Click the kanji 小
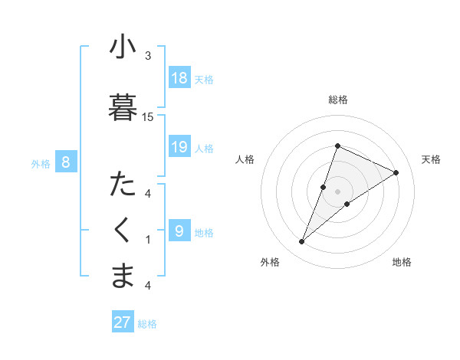tap(123, 47)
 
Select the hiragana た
tap(123, 185)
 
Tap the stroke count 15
tap(148, 116)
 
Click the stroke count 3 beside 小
tap(148, 56)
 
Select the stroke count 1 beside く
tap(148, 239)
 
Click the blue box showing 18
tap(179, 77)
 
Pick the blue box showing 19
tap(179, 146)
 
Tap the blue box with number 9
tap(179, 231)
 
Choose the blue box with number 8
tap(66, 162)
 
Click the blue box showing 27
tap(122, 322)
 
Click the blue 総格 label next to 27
tap(147, 324)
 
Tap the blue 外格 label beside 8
tap(41, 163)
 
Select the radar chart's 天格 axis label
tap(431, 159)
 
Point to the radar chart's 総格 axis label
tap(337, 100)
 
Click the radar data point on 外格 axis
tap(301, 242)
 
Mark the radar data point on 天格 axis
tap(396, 172)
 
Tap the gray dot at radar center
tap(337, 191)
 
